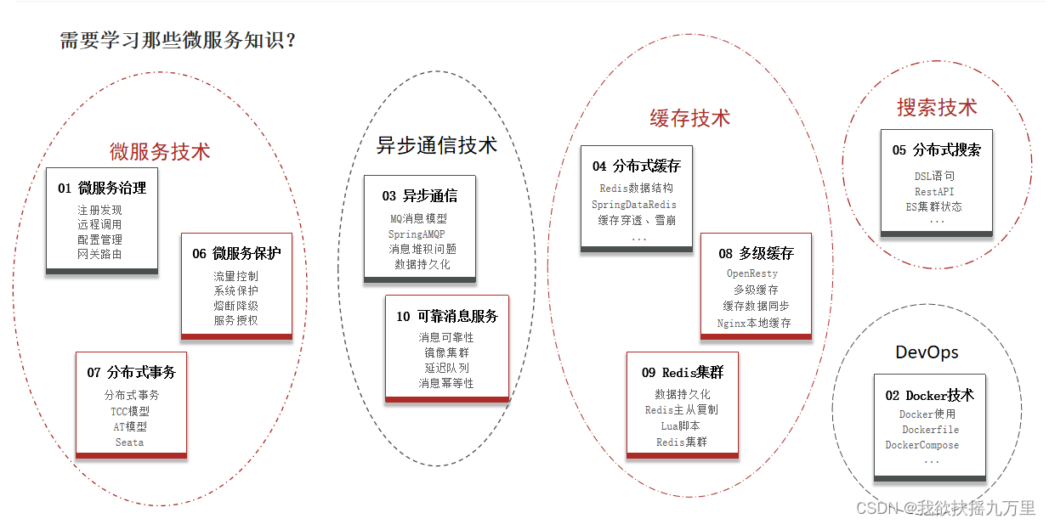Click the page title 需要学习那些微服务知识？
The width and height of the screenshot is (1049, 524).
178,41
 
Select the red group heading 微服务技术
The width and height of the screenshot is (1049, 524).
160,152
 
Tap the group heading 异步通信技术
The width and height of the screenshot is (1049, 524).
436,145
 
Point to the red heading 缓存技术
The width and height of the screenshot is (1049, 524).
689,118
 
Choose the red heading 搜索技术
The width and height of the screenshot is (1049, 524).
937,108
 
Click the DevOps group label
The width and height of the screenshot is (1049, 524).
927,352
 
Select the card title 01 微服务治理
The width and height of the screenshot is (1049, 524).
102,189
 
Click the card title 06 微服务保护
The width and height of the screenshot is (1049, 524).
236,254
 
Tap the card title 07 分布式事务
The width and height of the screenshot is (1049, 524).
131,373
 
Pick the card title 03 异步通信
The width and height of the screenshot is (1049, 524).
419,196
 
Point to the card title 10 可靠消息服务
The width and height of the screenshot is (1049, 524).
447,317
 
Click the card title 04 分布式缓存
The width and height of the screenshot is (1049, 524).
637,166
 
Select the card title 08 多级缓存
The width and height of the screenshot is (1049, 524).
756,254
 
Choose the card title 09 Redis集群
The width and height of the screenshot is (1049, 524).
683,373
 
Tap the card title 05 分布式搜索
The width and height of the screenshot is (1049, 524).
936,150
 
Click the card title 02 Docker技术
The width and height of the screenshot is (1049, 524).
930,396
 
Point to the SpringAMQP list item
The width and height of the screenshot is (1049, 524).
417,234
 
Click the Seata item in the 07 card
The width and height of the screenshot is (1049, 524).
129,442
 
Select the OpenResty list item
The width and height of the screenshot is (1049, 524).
752,274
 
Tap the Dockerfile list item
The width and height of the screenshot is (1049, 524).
930,430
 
